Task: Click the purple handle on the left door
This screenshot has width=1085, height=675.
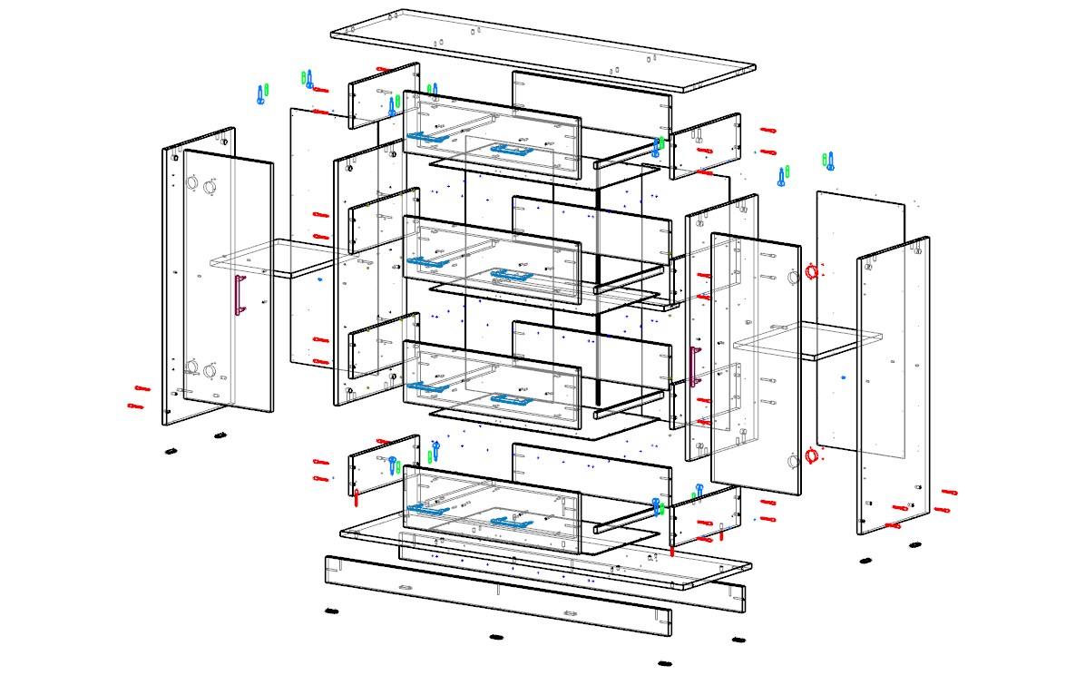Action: click(x=240, y=295)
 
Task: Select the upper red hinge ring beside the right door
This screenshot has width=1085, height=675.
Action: click(x=812, y=270)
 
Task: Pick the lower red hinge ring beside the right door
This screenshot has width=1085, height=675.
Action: click(x=811, y=455)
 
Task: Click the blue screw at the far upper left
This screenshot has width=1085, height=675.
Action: click(x=261, y=95)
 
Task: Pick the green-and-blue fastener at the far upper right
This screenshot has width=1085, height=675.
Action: click(x=827, y=161)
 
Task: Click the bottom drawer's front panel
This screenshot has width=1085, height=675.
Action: click(x=490, y=508)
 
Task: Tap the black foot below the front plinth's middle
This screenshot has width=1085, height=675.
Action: click(x=495, y=637)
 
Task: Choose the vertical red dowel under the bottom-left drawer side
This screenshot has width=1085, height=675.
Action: click(x=357, y=498)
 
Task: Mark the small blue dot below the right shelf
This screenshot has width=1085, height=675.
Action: click(x=843, y=377)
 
